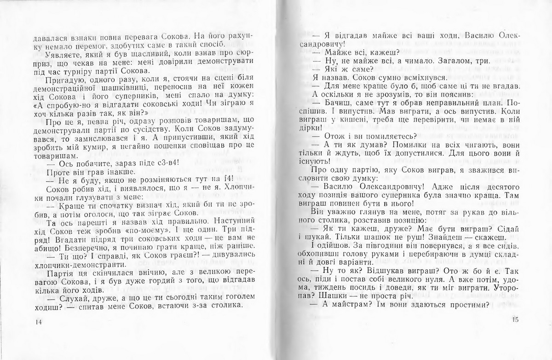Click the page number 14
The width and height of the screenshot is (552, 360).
tap(38, 321)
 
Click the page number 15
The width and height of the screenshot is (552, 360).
tap(514, 321)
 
